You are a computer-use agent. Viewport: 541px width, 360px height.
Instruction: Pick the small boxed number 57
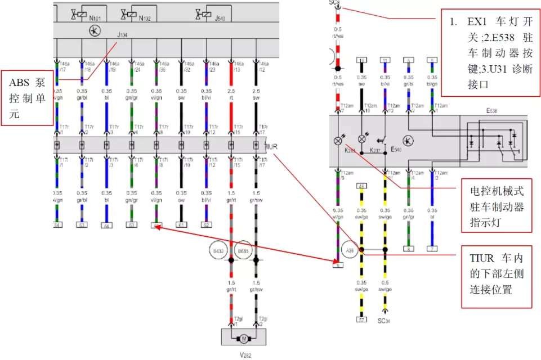361,319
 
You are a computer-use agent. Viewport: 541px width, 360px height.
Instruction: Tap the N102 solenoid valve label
146,17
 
